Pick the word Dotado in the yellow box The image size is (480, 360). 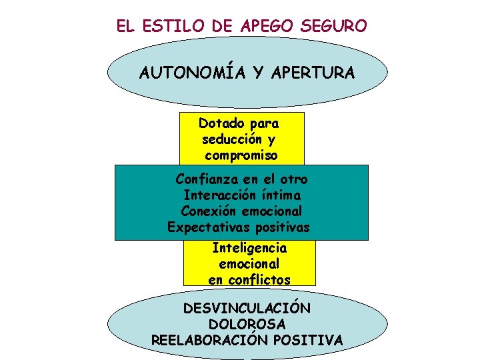pos(220,123)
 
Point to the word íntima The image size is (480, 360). pos(281,195)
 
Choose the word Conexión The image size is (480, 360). pos(209,211)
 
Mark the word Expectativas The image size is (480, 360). pos(208,227)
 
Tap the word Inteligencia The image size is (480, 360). pos(249,248)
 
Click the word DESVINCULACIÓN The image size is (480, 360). pos(247,309)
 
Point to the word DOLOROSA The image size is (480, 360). pos(247,324)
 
